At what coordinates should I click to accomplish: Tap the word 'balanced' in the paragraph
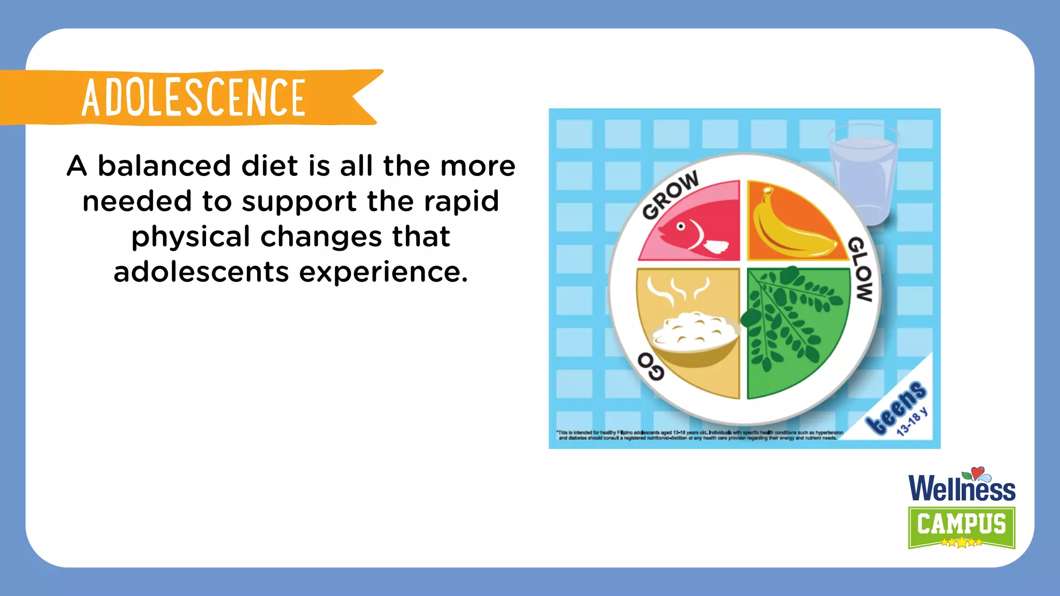[x=164, y=166]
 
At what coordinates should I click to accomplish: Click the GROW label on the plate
[x=670, y=195]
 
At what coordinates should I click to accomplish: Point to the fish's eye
[x=681, y=226]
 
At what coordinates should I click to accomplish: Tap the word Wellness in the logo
[x=962, y=489]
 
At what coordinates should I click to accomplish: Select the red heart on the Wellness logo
[x=977, y=472]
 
